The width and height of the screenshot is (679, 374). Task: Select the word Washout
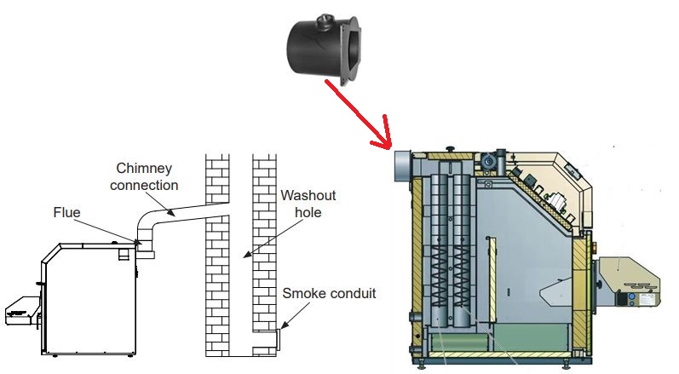tap(302, 196)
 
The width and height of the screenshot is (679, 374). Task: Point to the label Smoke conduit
tap(329, 294)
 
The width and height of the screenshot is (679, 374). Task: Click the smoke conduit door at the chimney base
tap(279, 340)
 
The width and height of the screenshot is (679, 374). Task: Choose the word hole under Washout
tap(304, 212)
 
